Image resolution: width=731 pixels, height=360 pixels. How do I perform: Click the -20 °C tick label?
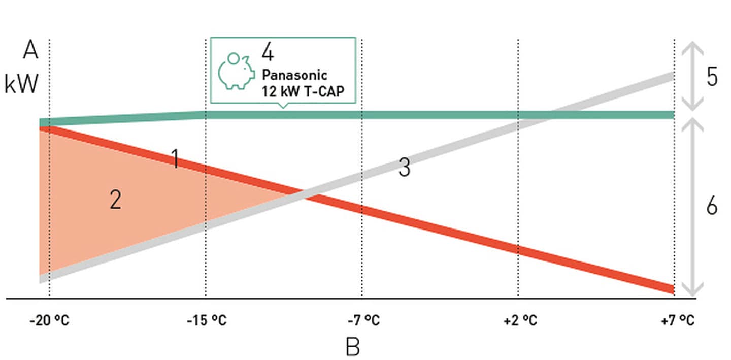click(x=49, y=321)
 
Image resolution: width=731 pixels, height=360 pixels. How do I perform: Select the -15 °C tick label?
click(x=206, y=321)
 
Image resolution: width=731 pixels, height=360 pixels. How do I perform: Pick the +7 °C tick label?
click(x=677, y=321)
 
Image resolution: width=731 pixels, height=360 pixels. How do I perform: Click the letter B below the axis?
click(x=353, y=347)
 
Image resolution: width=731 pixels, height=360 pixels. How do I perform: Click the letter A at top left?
click(x=30, y=51)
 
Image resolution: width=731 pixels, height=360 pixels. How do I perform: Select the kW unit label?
click(x=21, y=84)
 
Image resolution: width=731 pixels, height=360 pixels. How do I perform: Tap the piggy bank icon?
click(x=237, y=71)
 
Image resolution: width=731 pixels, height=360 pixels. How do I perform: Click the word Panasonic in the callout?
click(x=294, y=75)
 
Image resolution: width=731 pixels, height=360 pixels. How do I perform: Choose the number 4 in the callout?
click(x=268, y=52)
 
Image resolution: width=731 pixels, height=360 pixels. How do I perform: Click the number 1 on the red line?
click(x=175, y=159)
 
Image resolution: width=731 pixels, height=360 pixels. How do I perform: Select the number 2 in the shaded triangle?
click(x=116, y=201)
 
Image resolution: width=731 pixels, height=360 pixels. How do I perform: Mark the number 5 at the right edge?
click(x=712, y=77)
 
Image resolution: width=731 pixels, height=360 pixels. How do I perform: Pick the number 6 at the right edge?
click(x=712, y=206)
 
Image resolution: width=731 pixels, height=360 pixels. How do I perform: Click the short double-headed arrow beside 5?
click(x=691, y=76)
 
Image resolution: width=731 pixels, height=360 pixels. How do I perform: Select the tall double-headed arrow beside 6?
click(x=691, y=207)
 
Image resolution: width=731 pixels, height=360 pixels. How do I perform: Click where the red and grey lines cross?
click(x=304, y=194)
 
